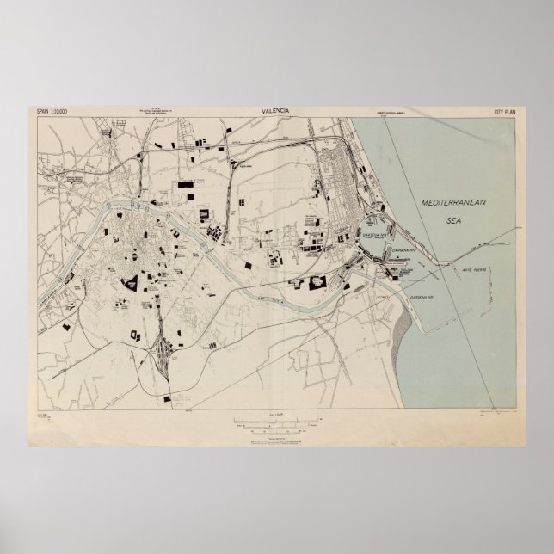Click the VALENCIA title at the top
[276, 111]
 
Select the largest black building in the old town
[132, 282]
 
